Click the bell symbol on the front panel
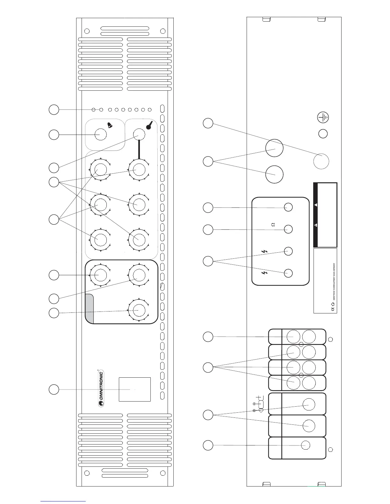click(x=110, y=126)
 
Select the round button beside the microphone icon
click(x=139, y=134)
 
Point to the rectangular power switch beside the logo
click(x=134, y=389)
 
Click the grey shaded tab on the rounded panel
click(x=90, y=308)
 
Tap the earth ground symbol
click(x=323, y=117)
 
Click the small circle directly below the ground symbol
click(x=323, y=134)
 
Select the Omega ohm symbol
click(x=273, y=225)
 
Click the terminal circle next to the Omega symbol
click(x=288, y=229)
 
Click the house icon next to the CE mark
click(x=333, y=304)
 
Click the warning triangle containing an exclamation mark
click(x=316, y=225)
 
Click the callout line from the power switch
click(x=92, y=389)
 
